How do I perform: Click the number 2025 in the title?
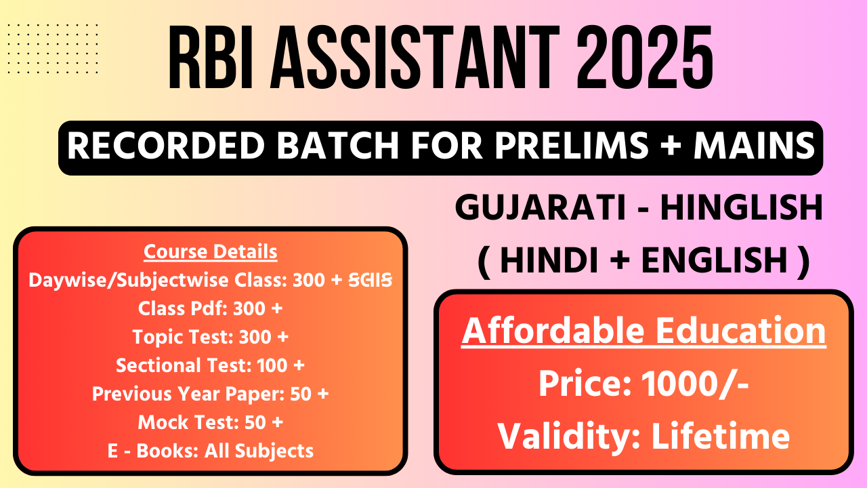coord(646,58)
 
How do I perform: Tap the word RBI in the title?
coord(211,58)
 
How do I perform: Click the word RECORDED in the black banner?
coord(167,146)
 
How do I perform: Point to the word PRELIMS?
coord(571,146)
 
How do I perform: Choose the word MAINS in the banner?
coord(755,146)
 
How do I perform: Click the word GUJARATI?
coord(541,207)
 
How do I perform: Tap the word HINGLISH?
coord(741,207)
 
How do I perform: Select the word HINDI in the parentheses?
coord(549,260)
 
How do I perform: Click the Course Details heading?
coord(211,251)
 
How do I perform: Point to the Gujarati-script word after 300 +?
coord(371,280)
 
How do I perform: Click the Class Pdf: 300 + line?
coord(211,308)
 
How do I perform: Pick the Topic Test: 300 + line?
coord(211,337)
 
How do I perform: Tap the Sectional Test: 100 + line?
coord(211,365)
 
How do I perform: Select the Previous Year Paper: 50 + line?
coord(211,394)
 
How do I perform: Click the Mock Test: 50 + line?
coord(211,422)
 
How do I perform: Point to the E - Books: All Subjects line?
coord(211,451)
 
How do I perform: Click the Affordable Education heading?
coord(643,331)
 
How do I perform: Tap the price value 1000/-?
coord(695,384)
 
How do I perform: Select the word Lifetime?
coord(721,436)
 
